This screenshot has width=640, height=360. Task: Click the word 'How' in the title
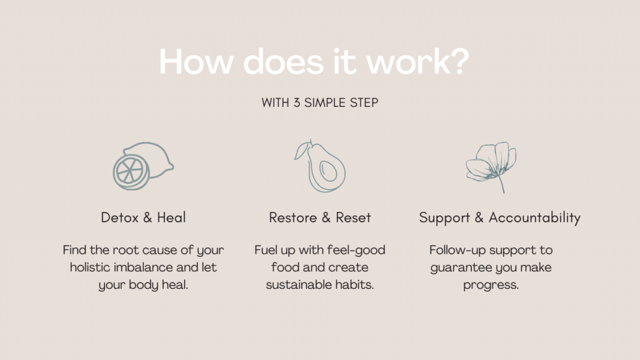point(196,62)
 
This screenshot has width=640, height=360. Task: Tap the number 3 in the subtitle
point(297,103)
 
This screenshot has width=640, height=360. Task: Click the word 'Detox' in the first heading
point(119,217)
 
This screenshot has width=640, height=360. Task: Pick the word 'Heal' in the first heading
point(171,217)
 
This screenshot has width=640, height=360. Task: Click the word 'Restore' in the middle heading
point(292,217)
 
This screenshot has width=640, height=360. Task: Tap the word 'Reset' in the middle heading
point(353,217)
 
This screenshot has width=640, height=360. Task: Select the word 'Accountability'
point(534,218)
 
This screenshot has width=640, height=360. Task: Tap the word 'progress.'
point(491,285)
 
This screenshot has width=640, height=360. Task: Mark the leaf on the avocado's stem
point(301,150)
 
